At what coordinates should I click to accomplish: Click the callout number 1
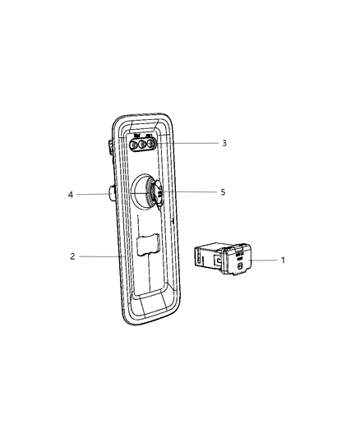point(284,260)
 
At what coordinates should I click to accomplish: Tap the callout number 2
point(73,257)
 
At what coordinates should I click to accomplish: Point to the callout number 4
point(72,195)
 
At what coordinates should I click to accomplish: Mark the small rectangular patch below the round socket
point(148,245)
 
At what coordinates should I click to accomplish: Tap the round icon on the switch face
point(238,267)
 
